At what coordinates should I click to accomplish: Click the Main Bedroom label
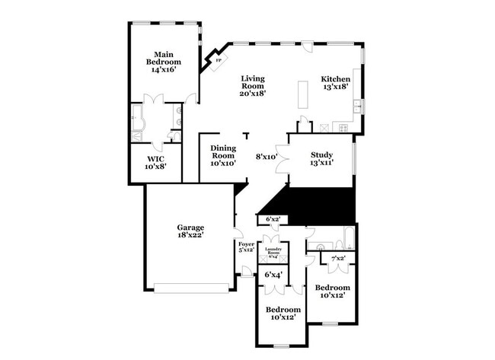(x=161, y=61)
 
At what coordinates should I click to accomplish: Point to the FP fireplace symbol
(x=218, y=59)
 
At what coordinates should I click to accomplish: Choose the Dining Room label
(x=223, y=154)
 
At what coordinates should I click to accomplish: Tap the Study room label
(x=321, y=155)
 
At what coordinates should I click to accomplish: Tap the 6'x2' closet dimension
(x=273, y=219)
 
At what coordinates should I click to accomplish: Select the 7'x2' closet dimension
(x=337, y=260)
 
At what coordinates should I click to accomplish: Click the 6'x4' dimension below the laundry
(x=273, y=274)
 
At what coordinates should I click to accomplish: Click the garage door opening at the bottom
(x=191, y=288)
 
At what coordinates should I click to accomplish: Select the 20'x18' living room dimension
(x=254, y=94)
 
